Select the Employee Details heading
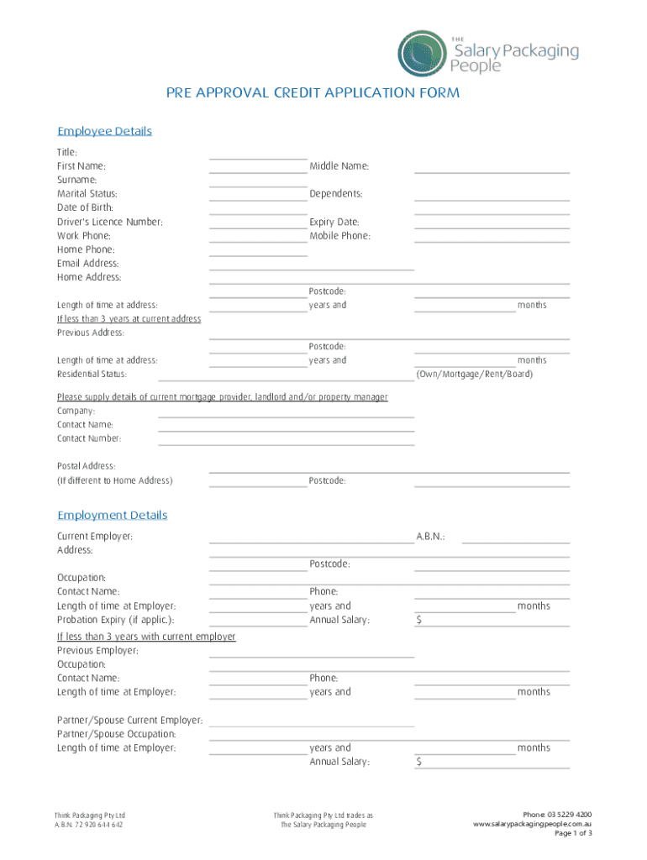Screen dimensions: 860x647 104,131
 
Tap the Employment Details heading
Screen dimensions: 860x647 112,515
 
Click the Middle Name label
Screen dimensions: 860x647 339,166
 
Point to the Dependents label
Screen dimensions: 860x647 336,194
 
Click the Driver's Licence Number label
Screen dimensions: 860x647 110,222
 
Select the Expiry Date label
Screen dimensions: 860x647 334,222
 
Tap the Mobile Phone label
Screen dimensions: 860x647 339,236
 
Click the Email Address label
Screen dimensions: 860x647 88,264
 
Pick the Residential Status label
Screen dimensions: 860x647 92,374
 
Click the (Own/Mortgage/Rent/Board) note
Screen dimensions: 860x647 475,374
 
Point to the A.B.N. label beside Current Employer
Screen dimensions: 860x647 430,536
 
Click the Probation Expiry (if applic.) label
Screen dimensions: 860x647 116,620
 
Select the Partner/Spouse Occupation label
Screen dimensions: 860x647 117,734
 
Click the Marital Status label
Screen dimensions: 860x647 87,194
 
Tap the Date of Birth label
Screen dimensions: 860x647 85,207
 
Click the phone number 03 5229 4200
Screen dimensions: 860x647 569,815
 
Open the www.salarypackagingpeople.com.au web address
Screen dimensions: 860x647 533,824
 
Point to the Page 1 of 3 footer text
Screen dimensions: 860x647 573,833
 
